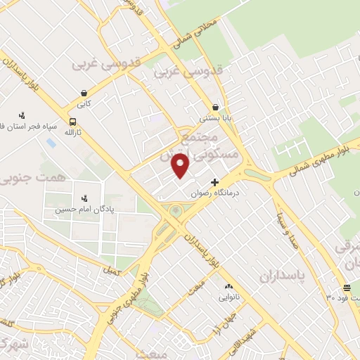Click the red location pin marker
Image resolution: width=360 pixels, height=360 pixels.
point(181,166)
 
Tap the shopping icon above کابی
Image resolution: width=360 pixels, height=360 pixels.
point(84,93)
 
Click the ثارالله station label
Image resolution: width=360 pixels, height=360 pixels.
point(73,131)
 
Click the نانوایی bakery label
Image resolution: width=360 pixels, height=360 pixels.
point(229,297)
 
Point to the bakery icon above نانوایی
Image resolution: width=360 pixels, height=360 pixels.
point(228,286)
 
